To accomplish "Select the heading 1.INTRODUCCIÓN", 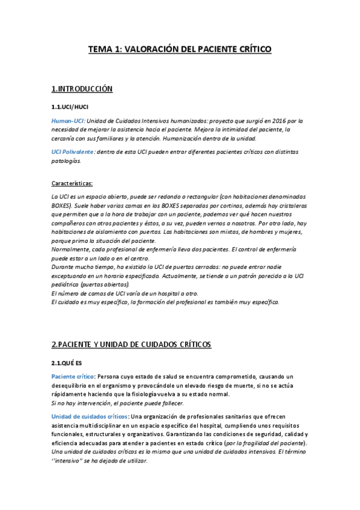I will click(82, 89).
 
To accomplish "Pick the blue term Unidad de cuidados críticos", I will click(89, 416).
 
